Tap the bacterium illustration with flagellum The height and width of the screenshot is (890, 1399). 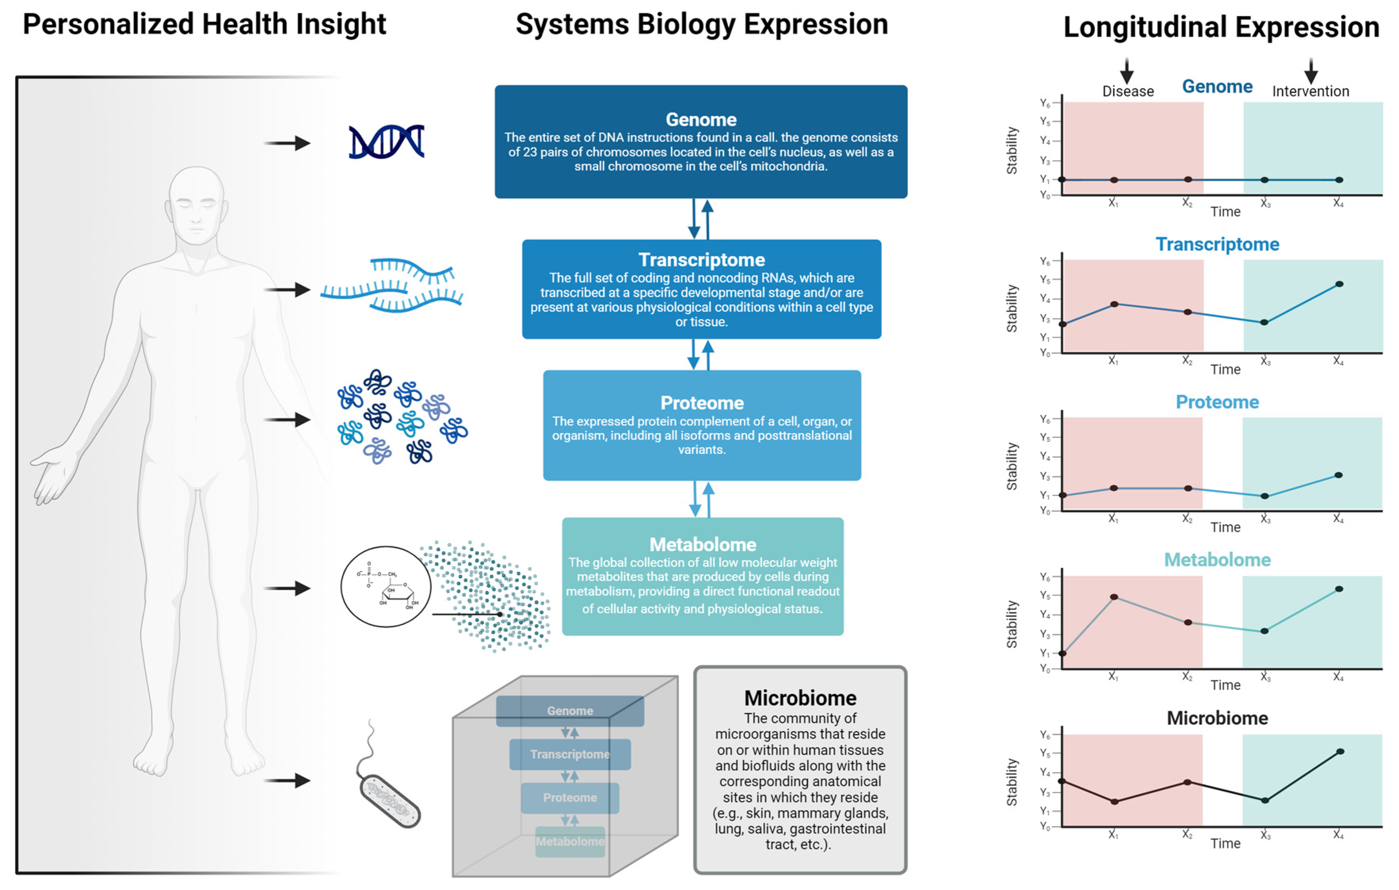389,799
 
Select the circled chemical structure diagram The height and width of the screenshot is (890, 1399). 386,586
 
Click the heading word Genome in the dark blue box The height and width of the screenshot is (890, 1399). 700,119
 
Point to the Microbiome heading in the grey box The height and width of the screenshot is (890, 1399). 800,697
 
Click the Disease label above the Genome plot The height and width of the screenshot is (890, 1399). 1128,91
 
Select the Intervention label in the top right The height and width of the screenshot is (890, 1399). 1310,91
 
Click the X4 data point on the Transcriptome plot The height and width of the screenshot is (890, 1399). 1339,284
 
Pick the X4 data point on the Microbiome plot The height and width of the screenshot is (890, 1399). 1340,752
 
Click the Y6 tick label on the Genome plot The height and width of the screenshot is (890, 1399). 1045,103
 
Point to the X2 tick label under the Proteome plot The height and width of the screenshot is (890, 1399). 1187,519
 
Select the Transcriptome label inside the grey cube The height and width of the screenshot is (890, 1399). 569,754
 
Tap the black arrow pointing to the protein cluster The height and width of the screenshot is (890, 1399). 287,419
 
